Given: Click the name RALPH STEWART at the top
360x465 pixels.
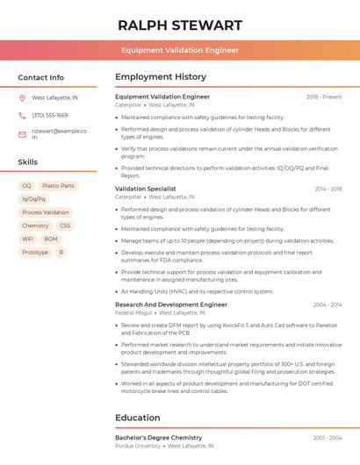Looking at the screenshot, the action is click(x=179, y=25).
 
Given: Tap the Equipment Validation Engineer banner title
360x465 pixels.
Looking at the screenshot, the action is click(x=179, y=50).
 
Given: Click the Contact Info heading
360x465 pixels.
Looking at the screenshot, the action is click(x=40, y=77).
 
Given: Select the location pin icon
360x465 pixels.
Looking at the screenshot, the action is click(x=22, y=97).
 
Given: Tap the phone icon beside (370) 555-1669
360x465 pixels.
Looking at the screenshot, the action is click(x=22, y=115).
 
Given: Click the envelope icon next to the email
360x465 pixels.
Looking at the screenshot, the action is click(x=22, y=134).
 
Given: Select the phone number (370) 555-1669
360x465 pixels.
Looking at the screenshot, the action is click(x=50, y=115).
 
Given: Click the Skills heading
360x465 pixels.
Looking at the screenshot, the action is click(x=28, y=162).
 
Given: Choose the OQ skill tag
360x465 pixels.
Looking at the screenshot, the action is click(x=26, y=186).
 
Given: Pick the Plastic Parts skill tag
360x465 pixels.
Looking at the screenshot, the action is click(x=58, y=186).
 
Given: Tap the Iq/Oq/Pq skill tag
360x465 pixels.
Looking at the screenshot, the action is click(x=33, y=199).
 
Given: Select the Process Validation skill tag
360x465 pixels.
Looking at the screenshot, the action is click(x=45, y=212).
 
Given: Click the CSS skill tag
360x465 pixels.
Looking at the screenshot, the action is click(x=65, y=225).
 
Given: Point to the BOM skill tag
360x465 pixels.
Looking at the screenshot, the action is click(x=51, y=239).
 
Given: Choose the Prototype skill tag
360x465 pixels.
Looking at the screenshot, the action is click(x=35, y=252).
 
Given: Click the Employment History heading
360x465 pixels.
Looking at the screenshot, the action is click(x=161, y=77).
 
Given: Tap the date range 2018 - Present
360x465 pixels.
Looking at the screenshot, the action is click(x=324, y=97).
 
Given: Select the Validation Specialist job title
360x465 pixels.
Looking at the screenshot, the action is click(x=145, y=189).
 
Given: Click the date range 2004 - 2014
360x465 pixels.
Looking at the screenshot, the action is click(x=328, y=304).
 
